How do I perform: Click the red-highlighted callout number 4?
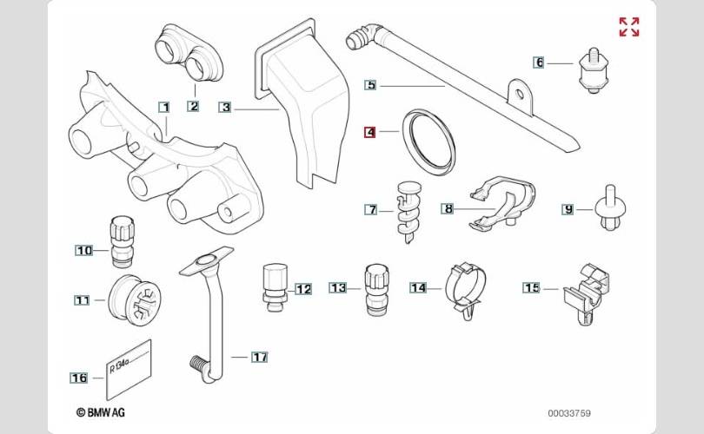tap(370, 133)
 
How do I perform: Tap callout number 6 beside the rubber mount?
tap(539, 62)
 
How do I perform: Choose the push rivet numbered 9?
tap(610, 209)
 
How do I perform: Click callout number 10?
tap(84, 251)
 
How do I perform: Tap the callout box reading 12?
tap(302, 289)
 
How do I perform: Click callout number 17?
tap(260, 357)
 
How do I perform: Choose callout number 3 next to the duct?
tap(225, 108)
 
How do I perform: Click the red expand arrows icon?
tap(629, 27)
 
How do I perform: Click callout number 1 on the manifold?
tap(163, 107)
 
